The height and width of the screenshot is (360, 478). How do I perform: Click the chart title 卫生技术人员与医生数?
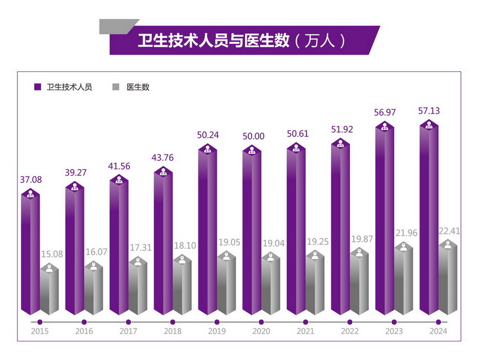pyautogui.click(x=214, y=40)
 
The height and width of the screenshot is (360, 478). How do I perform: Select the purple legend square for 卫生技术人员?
pyautogui.click(x=38, y=87)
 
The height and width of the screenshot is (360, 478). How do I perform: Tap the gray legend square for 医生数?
pyautogui.click(x=116, y=87)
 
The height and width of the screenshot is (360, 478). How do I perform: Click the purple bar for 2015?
pyautogui.click(x=30, y=253)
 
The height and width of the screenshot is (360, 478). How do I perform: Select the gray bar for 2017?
pyautogui.click(x=138, y=290)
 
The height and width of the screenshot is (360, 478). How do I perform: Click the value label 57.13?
pyautogui.click(x=430, y=111)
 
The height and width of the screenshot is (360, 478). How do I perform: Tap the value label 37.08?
pyautogui.click(x=31, y=180)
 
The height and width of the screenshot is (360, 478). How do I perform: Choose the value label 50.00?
pyautogui.click(x=252, y=136)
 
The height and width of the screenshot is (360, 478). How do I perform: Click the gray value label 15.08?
pyautogui.click(x=51, y=254)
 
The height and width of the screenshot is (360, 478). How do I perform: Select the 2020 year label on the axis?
pyautogui.click(x=260, y=331)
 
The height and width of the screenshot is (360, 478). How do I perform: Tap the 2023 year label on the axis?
pyautogui.click(x=394, y=331)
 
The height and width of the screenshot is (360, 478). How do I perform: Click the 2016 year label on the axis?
pyautogui.click(x=84, y=331)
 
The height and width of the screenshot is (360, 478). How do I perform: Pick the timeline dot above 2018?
pyautogui.click(x=172, y=322)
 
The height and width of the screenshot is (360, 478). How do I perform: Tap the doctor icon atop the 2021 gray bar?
pyautogui.click(x=315, y=254)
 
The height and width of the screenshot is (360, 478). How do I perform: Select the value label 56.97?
pyautogui.click(x=385, y=112)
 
